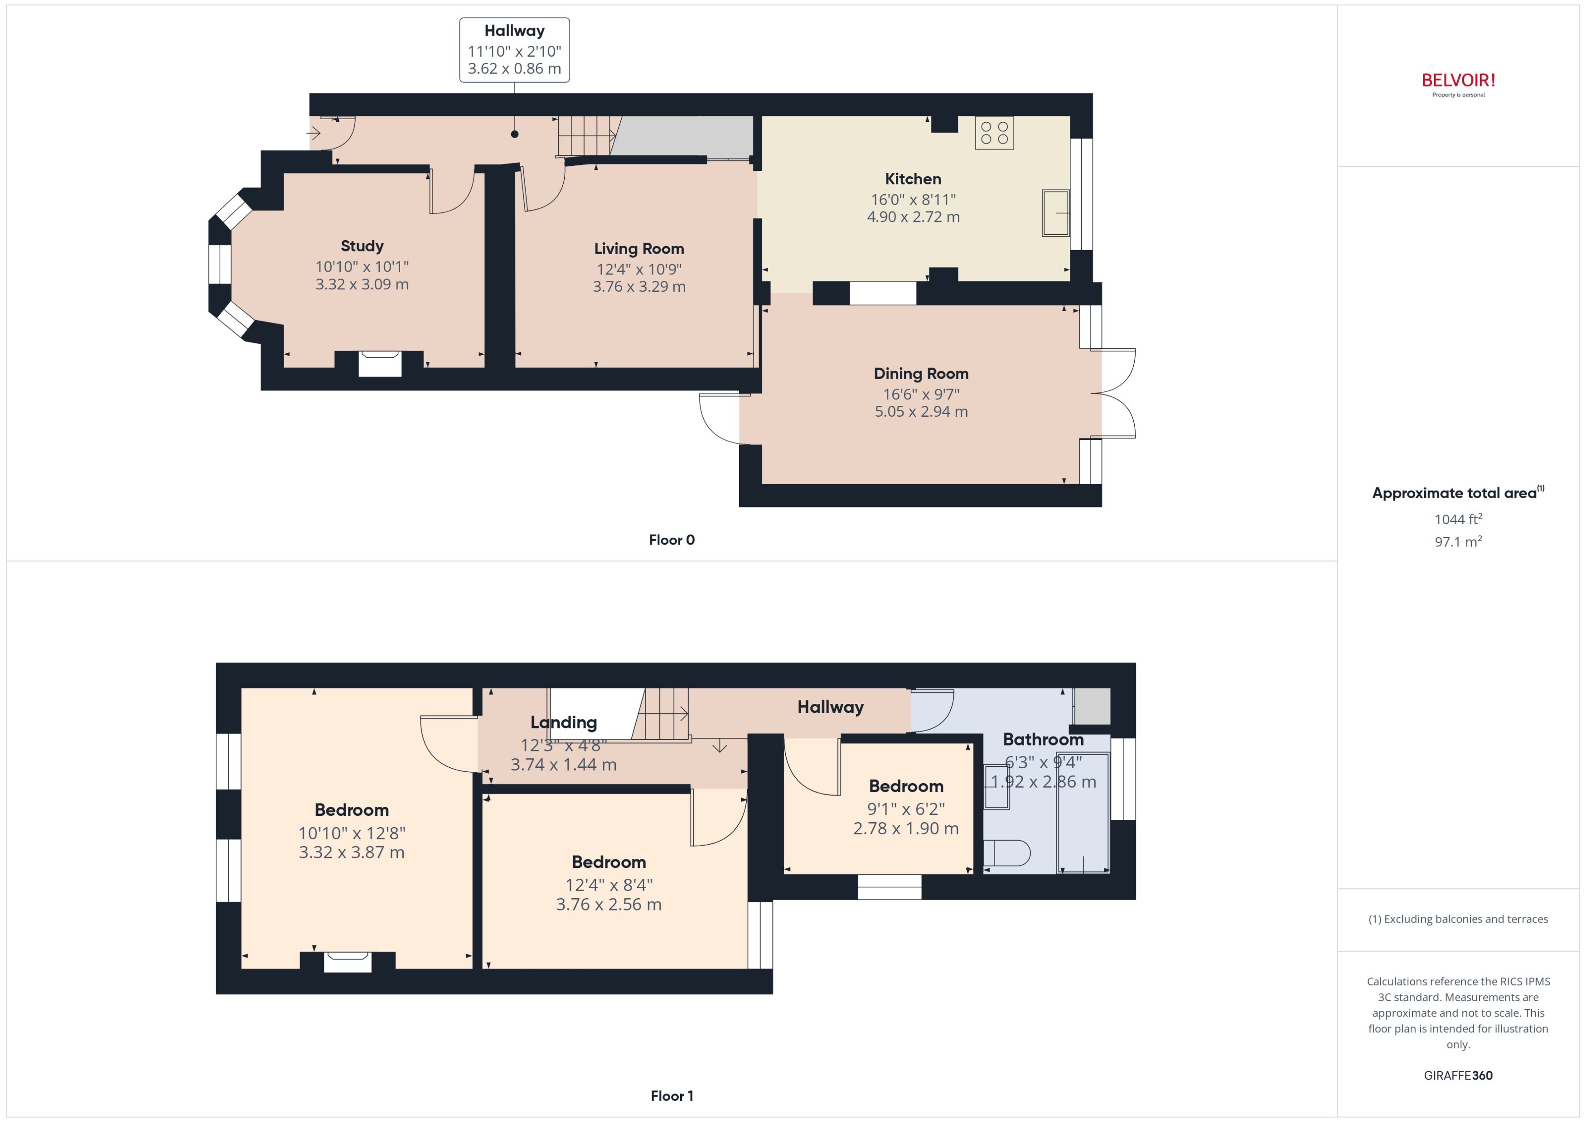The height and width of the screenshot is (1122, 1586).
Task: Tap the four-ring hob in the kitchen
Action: [994, 133]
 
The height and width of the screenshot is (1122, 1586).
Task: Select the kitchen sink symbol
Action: [1055, 213]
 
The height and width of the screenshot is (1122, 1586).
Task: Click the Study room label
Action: [362, 246]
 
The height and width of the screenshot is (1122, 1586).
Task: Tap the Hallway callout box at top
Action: [514, 50]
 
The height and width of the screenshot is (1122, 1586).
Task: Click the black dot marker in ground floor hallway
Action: [514, 134]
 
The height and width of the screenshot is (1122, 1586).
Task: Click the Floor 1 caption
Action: [671, 1096]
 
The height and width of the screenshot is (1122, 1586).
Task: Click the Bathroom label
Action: [1042, 739]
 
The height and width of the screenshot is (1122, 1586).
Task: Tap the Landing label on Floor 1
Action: [563, 722]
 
